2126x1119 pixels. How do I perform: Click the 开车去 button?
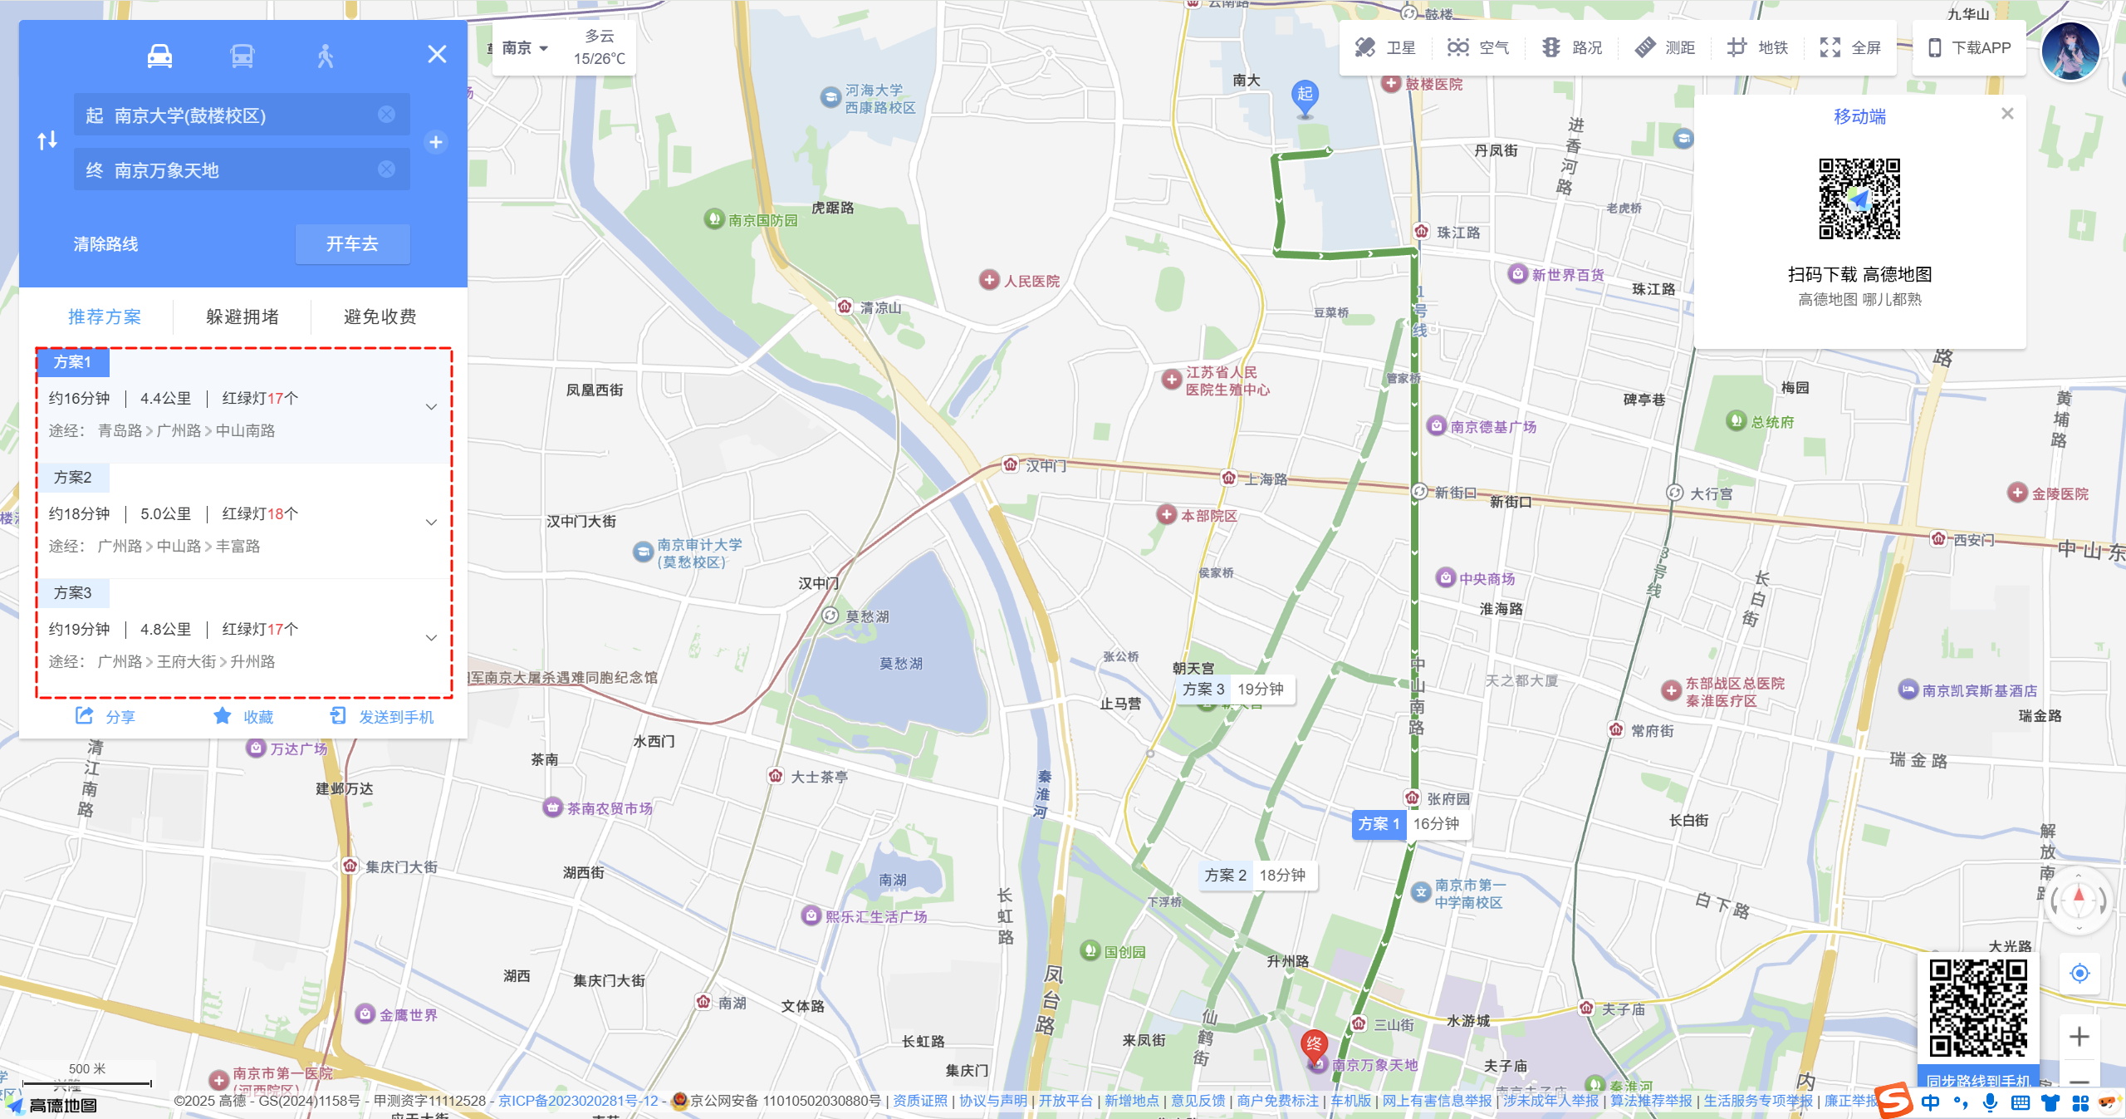(x=352, y=243)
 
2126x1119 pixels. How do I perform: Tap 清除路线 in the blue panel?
(x=105, y=244)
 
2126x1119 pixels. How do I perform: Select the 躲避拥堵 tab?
(x=242, y=317)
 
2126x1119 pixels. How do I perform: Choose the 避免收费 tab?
(x=380, y=317)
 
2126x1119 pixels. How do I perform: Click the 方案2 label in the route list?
(x=73, y=478)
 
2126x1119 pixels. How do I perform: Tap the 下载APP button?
(x=1969, y=48)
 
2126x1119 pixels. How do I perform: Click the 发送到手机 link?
(x=382, y=717)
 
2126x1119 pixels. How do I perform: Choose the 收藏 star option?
(x=243, y=717)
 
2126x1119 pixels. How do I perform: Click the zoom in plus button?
(x=2079, y=1037)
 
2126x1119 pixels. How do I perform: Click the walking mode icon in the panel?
(x=325, y=56)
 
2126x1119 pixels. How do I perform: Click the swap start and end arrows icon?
(x=47, y=140)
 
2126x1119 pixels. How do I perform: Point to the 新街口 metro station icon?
(x=1419, y=492)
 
